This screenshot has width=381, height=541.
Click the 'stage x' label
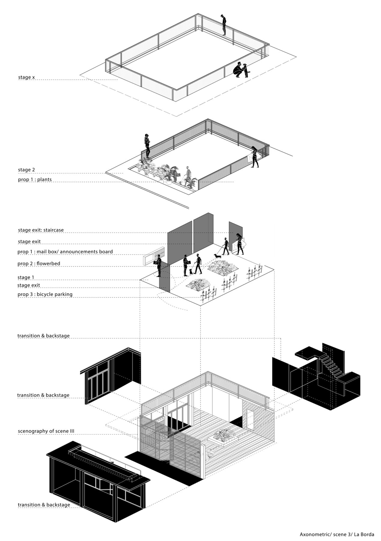click(x=26, y=77)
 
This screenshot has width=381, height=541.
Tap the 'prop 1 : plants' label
click(x=35, y=179)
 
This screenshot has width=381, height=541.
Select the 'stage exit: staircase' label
click(x=41, y=230)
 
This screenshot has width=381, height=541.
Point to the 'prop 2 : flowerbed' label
click(x=39, y=264)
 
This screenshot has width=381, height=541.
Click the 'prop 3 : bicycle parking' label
click(x=45, y=294)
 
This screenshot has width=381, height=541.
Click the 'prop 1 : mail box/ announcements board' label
click(x=65, y=252)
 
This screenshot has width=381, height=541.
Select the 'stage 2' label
click(x=26, y=170)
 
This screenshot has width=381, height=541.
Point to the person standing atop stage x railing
click(x=223, y=25)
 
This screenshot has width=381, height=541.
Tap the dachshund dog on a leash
click(x=217, y=256)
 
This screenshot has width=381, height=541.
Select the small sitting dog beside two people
click(x=191, y=272)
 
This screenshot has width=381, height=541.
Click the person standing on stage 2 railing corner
click(x=147, y=146)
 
